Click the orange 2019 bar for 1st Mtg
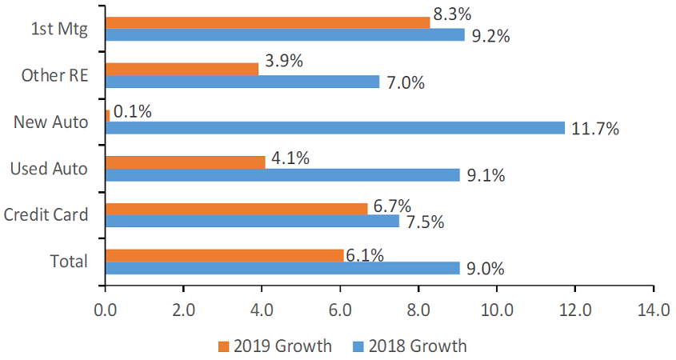(267, 22)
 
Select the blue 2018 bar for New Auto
(334, 128)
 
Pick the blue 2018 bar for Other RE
(242, 82)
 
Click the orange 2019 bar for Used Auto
(185, 162)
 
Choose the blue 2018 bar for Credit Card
(252, 221)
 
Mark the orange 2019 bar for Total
(224, 255)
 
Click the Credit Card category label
(46, 214)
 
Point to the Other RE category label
(54, 75)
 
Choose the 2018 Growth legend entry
(409, 346)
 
